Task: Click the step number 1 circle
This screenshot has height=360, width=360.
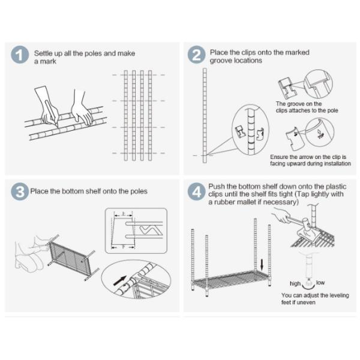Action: pyautogui.click(x=20, y=55)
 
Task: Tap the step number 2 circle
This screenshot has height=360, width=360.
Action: pyautogui.click(x=196, y=55)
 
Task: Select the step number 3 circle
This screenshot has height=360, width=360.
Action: pyautogui.click(x=20, y=192)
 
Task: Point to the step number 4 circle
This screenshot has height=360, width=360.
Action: pyautogui.click(x=196, y=192)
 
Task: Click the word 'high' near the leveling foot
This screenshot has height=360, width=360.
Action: pyautogui.click(x=295, y=283)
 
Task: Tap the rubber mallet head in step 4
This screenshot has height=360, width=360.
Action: pyautogui.click(x=305, y=227)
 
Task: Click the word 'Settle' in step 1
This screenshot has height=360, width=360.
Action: pyautogui.click(x=46, y=53)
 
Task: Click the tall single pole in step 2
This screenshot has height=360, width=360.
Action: pyautogui.click(x=203, y=114)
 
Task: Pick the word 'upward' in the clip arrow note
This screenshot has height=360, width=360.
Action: pyautogui.click(x=294, y=163)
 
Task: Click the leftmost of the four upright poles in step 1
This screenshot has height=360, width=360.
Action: pyautogui.click(x=126, y=114)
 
